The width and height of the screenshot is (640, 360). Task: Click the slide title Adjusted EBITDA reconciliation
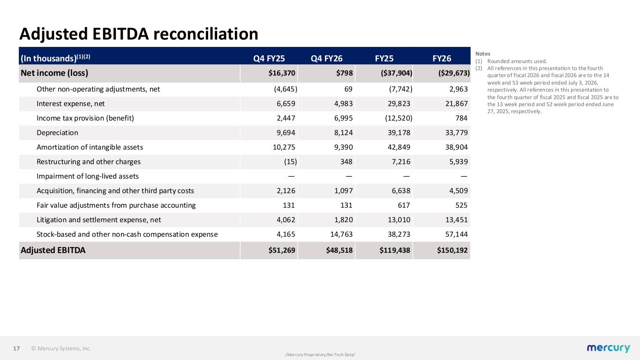click(x=139, y=34)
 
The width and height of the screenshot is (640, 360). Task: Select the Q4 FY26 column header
click(x=327, y=59)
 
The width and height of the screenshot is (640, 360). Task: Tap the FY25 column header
click(x=384, y=59)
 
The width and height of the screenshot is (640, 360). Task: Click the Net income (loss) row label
click(x=54, y=73)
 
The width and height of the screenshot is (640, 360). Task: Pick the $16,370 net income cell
click(x=282, y=73)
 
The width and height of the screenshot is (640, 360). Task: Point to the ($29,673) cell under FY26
click(x=454, y=73)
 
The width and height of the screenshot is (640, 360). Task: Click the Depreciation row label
click(x=57, y=133)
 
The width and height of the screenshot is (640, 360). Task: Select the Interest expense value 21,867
click(x=456, y=104)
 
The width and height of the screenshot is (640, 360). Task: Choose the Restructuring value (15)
click(x=290, y=162)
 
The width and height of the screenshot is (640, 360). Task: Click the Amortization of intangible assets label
click(x=90, y=147)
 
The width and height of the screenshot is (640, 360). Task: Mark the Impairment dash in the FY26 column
click(x=464, y=176)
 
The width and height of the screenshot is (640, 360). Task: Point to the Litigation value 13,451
click(x=456, y=220)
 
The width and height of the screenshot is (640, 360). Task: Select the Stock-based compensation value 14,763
click(x=341, y=234)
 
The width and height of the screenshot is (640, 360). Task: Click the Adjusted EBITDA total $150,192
click(x=452, y=250)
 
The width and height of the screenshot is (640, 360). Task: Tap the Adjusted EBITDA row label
click(x=53, y=250)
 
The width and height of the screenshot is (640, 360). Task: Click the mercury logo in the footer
click(x=608, y=348)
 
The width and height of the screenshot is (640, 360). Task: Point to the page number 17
click(x=16, y=348)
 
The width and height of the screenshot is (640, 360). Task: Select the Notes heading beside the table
click(x=482, y=54)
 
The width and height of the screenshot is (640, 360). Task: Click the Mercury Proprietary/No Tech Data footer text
click(x=320, y=355)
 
